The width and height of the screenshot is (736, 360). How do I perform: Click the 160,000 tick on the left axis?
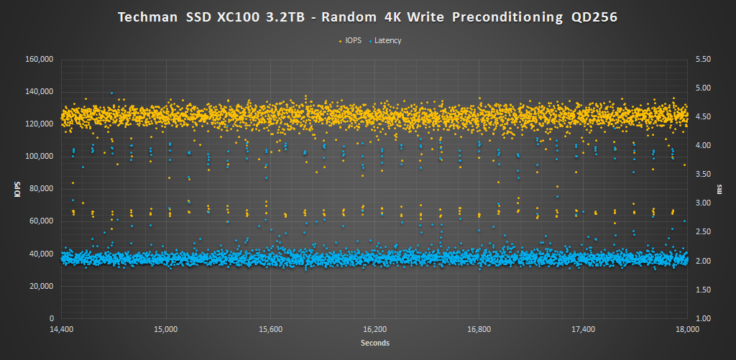pyautogui.click(x=40, y=59)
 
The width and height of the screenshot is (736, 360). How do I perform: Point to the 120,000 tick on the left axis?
pyautogui.click(x=40, y=124)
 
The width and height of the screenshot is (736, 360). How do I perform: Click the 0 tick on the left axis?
pyautogui.click(x=52, y=318)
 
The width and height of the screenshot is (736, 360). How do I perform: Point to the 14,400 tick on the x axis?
pyautogui.click(x=62, y=330)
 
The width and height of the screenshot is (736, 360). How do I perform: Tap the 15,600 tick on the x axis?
pyautogui.click(x=270, y=330)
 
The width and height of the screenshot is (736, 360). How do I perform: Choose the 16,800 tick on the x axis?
pyautogui.click(x=479, y=330)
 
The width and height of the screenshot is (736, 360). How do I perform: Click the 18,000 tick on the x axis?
pyautogui.click(x=688, y=330)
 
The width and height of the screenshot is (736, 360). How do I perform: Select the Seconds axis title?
pyautogui.click(x=374, y=343)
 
